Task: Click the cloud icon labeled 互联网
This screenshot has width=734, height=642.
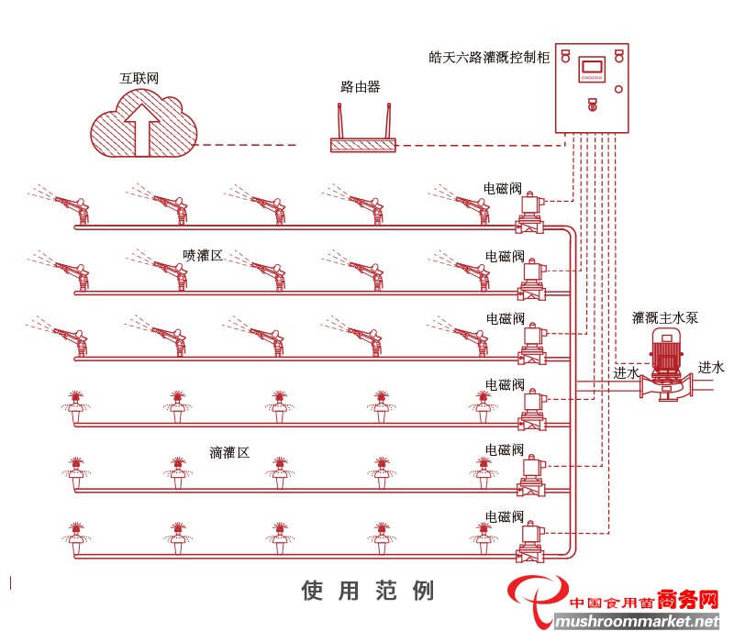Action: click(x=145, y=128)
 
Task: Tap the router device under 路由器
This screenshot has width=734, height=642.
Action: click(x=363, y=145)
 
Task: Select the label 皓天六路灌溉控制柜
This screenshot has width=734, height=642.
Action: click(x=489, y=57)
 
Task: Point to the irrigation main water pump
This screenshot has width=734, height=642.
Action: click(x=665, y=367)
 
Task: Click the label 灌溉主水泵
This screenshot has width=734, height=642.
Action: click(x=665, y=318)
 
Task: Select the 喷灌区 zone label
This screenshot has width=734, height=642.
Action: click(x=203, y=256)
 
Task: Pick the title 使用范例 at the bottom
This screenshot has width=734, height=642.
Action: click(x=367, y=591)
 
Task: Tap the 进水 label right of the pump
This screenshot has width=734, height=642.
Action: click(x=710, y=368)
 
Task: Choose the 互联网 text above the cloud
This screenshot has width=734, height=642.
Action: click(x=139, y=79)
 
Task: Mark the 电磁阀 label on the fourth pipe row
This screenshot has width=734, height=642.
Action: click(x=505, y=384)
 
